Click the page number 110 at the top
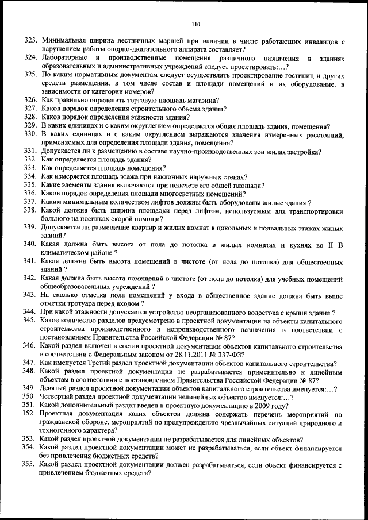click(195, 24)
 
